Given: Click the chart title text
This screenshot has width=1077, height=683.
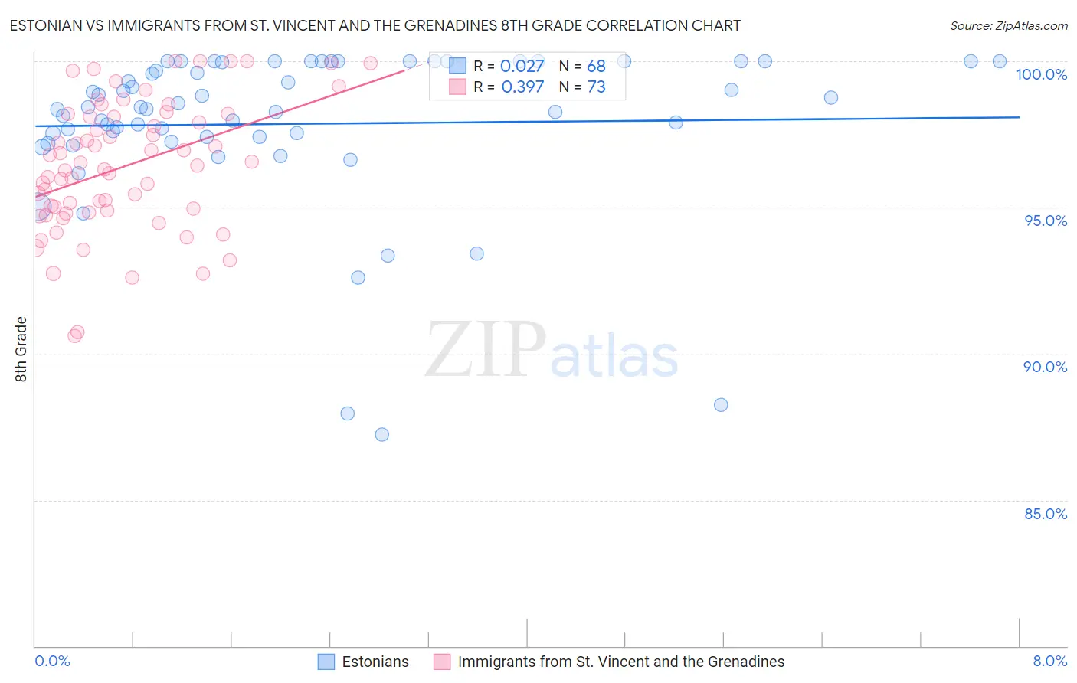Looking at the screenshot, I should (x=375, y=25).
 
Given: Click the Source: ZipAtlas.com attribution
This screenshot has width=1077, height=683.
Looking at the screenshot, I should (x=1008, y=25).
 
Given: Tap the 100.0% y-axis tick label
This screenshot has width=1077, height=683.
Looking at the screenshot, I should (x=1041, y=74).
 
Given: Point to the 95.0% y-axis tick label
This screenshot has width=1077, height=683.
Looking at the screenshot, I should (x=1046, y=221).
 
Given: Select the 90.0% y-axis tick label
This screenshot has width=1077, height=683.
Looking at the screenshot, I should (x=1045, y=367).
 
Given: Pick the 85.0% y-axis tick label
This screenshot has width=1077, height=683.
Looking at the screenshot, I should (x=1046, y=514).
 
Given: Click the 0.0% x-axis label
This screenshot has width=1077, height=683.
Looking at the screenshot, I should (x=52, y=661).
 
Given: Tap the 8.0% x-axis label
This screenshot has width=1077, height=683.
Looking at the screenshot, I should (x=1049, y=661).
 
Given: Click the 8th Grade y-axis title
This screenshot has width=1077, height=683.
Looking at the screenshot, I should (x=21, y=349).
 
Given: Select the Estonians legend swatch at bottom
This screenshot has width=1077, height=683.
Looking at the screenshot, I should (x=326, y=662).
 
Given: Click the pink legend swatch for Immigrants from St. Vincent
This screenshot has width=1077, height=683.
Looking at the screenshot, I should (x=442, y=662).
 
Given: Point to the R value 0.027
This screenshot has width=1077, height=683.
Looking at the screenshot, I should (x=522, y=66).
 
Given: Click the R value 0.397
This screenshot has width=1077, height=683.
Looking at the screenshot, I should (x=522, y=87).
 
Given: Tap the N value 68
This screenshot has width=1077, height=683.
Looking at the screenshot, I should (x=596, y=66).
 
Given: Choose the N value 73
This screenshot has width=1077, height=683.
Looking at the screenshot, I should (x=596, y=87).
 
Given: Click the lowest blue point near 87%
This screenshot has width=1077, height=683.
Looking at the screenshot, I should (x=382, y=435).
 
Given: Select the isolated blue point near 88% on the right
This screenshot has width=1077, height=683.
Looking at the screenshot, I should (x=721, y=405).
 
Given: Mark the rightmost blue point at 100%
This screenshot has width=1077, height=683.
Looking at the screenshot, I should (x=1000, y=61).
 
